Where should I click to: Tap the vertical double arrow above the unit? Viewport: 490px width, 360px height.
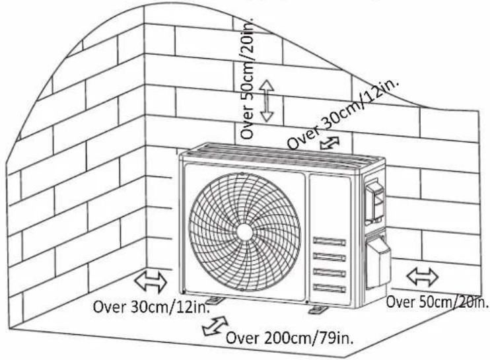click(x=267, y=100)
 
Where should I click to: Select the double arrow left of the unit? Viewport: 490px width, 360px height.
click(x=151, y=282)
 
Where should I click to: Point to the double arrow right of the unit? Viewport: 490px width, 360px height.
click(x=422, y=277)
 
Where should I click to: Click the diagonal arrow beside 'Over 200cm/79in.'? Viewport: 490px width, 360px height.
click(x=215, y=326)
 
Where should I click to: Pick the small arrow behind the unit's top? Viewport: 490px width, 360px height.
click(x=330, y=143)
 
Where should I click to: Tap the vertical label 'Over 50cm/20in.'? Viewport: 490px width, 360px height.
click(x=247, y=76)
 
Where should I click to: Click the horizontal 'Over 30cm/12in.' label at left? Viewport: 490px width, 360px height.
click(x=151, y=306)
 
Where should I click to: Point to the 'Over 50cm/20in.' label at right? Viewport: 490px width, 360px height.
click(x=437, y=302)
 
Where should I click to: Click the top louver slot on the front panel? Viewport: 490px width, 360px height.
click(x=330, y=241)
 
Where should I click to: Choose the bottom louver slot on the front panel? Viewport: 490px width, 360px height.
click(x=330, y=288)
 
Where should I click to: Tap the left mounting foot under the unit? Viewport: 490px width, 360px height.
click(x=216, y=300)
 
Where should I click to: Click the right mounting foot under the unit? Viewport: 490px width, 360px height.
click(x=318, y=309)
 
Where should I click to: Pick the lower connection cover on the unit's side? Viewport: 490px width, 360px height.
click(x=378, y=261)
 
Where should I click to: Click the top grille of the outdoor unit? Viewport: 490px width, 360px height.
click(x=283, y=155)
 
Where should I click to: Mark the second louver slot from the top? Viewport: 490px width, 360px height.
click(x=330, y=257)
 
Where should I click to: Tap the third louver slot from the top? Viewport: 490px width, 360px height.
click(x=330, y=272)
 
